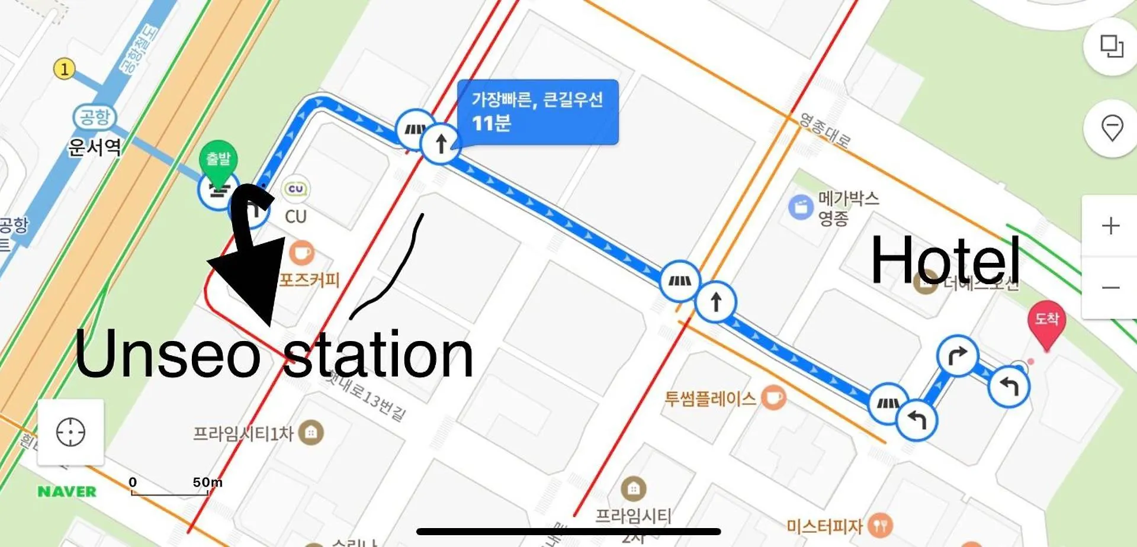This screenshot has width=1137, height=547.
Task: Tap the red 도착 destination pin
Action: [1046, 321]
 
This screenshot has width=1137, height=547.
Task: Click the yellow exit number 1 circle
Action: [65, 69]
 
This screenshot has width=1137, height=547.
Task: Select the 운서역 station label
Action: [95, 146]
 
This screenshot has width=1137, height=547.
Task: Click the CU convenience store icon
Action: [296, 189]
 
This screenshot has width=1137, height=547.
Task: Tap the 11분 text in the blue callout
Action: [491, 123]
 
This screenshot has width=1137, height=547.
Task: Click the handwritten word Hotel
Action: [945, 260]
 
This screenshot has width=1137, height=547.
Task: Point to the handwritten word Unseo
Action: [168, 354]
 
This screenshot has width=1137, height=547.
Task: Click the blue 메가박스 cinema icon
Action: [801, 207]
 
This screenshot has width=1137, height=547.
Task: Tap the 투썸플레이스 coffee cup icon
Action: [773, 397]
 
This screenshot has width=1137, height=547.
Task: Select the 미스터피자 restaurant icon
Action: [880, 525]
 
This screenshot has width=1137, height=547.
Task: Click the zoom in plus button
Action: [1110, 226]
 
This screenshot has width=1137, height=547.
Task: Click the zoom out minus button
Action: [1110, 288]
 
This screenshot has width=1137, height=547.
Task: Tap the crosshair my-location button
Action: [70, 432]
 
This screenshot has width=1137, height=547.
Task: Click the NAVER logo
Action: [67, 491]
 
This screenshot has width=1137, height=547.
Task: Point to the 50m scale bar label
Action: [207, 482]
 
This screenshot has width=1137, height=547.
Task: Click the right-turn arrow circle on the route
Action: [957, 355]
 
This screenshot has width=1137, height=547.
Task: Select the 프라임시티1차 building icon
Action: [311, 433]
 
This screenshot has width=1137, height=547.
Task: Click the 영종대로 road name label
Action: [824, 131]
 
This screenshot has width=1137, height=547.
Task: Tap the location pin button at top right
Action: [1112, 128]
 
